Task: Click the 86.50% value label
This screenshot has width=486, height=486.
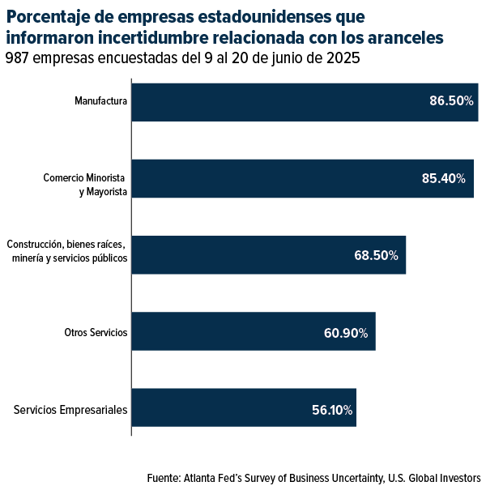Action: pyautogui.click(x=451, y=102)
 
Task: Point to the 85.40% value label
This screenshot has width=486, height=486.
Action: pyautogui.click(x=444, y=178)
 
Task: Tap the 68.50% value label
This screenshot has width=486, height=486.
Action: pyautogui.click(x=376, y=255)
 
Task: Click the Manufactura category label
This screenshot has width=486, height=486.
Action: pyautogui.click(x=100, y=102)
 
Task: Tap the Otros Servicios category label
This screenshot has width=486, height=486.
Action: pyautogui.click(x=96, y=332)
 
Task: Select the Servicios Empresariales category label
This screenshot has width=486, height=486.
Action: pyautogui.click(x=70, y=410)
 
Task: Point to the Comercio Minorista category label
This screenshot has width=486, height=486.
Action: pyautogui.click(x=85, y=178)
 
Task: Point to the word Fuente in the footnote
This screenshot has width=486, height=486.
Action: pyautogui.click(x=163, y=477)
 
